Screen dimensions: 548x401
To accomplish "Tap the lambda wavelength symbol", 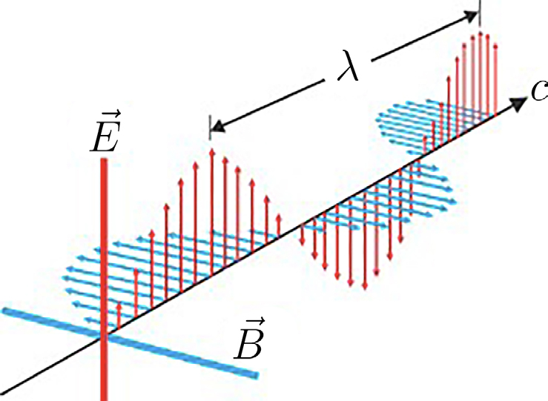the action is (x=348, y=66).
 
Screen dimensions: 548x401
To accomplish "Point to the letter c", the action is (x=539, y=91).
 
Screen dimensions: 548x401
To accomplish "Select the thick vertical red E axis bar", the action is (x=104, y=279).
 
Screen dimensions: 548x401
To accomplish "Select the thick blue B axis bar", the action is (x=130, y=342).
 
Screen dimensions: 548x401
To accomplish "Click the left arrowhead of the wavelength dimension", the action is (x=217, y=127).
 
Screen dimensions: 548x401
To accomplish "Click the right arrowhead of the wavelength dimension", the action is (x=470, y=15).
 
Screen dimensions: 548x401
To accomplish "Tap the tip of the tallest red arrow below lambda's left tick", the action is (x=211, y=150).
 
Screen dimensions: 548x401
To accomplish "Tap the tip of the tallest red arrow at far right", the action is (x=481, y=33).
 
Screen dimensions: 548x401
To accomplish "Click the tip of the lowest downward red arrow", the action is (x=365, y=288).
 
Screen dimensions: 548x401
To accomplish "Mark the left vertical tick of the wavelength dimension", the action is (x=210, y=127).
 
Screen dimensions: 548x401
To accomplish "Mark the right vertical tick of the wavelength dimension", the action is (x=480, y=13).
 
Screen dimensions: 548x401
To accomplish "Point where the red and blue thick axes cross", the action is (x=104, y=337).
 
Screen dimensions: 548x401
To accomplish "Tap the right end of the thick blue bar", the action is (x=257, y=376).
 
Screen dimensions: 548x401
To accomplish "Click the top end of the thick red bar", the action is (x=104, y=159).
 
